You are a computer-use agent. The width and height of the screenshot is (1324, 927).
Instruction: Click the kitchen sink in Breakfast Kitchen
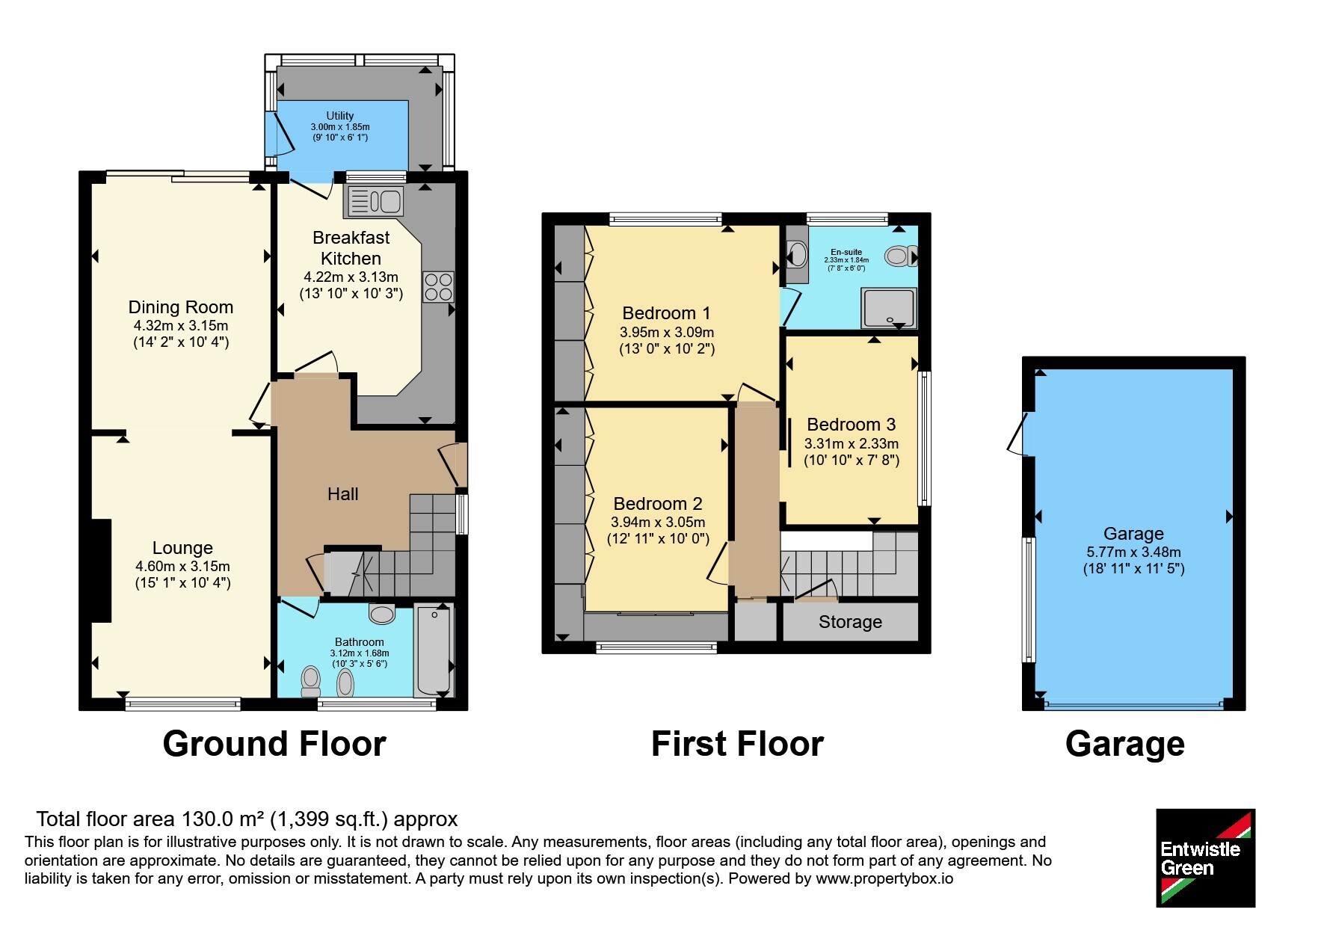pos(373,202)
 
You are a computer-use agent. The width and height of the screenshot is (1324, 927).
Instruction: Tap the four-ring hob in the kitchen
pos(438,286)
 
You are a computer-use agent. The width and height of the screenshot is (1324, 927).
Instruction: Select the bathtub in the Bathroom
pos(434,650)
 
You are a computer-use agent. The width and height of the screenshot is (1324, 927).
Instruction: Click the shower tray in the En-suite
pos(888,309)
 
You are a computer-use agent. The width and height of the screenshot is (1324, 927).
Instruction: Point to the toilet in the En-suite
pos(901,256)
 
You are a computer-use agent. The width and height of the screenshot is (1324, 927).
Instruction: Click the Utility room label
pos(340,116)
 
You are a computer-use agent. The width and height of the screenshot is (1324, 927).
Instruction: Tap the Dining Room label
pos(181,307)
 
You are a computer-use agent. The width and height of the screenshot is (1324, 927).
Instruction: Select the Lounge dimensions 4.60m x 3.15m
pos(182,567)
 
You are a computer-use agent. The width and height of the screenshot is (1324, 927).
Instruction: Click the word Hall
pos(343,494)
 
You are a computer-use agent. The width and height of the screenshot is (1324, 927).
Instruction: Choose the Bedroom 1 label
pos(667,313)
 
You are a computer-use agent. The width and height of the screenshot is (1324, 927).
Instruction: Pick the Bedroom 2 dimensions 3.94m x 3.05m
pos(658,523)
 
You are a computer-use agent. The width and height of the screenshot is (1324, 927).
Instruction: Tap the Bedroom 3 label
pos(852,425)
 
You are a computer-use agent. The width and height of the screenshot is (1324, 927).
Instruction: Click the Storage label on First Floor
pos(850,622)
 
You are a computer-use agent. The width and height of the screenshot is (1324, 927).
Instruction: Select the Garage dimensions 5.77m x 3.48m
pos(1134,552)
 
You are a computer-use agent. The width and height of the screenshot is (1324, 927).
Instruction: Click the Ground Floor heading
pos(274,744)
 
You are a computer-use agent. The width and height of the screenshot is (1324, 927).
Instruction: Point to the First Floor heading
pos(737,744)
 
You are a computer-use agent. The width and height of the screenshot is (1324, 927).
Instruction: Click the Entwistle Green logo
pos(1206,858)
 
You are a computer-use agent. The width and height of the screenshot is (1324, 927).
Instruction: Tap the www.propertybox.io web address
pos(884,879)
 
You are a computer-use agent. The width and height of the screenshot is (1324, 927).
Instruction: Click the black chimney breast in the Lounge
pos(102,570)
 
